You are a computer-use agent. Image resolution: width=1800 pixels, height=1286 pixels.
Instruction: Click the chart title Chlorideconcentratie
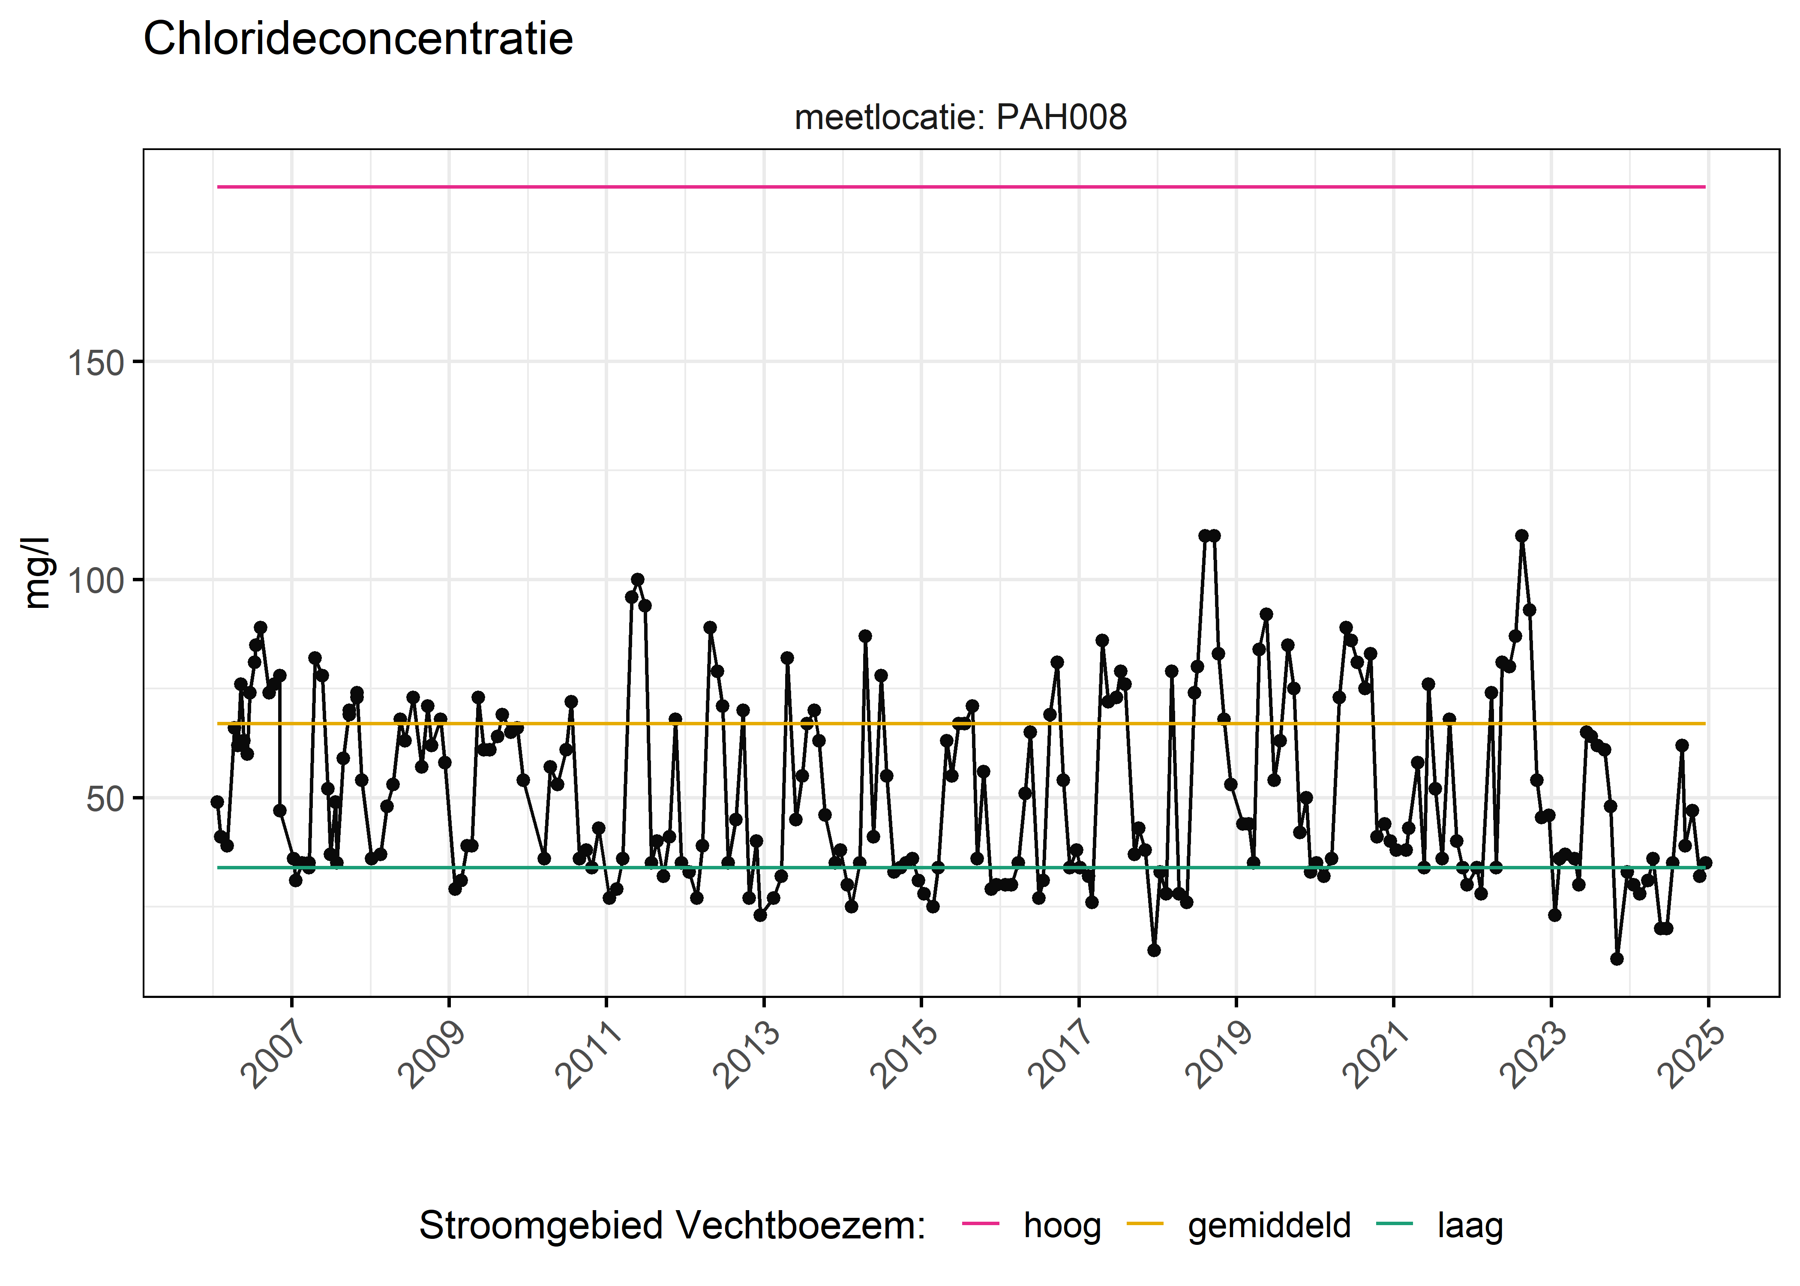click(358, 39)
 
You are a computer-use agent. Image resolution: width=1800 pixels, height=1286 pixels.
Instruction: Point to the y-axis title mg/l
click(36, 573)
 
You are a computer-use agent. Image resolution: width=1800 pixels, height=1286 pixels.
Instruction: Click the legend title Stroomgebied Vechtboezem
click(672, 1225)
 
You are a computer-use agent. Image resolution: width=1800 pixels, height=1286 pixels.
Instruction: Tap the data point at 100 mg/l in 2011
click(637, 580)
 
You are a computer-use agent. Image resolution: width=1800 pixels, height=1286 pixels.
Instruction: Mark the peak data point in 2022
click(1521, 536)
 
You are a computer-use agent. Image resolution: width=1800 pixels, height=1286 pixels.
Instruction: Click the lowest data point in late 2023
click(1617, 959)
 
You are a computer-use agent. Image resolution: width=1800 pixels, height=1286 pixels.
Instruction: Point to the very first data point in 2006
click(217, 802)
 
